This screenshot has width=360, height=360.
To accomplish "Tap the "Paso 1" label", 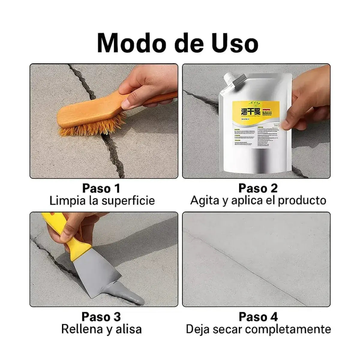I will point(101,188).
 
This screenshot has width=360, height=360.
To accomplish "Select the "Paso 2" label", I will point(258,188).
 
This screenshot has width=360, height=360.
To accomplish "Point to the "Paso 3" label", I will point(101,317).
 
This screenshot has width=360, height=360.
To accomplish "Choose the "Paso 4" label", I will point(258,317).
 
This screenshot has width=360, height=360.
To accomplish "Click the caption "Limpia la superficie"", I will point(102,201).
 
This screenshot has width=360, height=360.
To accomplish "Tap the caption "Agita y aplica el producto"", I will point(258,200).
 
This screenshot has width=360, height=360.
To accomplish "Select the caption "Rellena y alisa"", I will point(101,329).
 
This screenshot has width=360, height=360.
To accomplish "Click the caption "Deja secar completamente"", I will point(258,329).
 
